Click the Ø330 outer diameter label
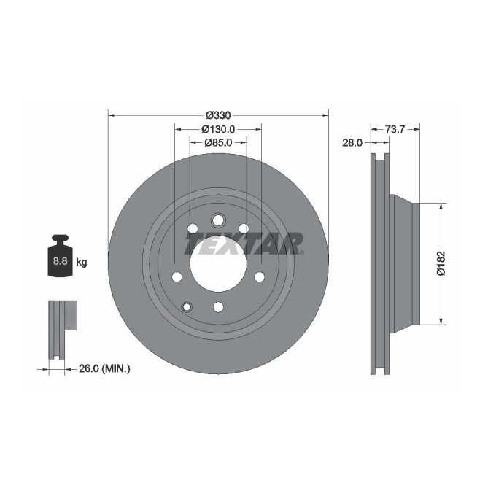tap(218, 115)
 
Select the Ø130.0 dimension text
tap(218, 129)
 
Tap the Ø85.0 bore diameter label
tap(217, 142)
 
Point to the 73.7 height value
tap(395, 129)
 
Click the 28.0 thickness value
tap(352, 143)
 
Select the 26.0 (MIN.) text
tap(104, 369)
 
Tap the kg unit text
tap(81, 262)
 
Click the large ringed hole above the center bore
tap(217, 220)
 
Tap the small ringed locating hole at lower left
tap(187, 306)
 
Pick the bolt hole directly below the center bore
tap(217, 306)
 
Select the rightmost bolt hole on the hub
tap(259, 277)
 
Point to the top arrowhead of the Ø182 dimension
tap(441, 206)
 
